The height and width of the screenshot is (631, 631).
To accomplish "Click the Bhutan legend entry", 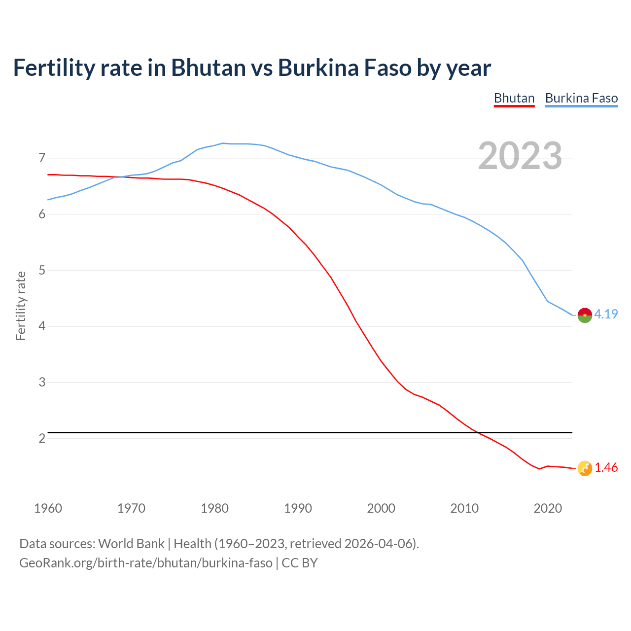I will point(514,98).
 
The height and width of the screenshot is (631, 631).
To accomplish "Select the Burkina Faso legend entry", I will point(581,98).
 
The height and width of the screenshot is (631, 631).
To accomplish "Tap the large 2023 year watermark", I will point(520,156).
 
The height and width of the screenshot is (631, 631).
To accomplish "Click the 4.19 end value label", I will point(606,314).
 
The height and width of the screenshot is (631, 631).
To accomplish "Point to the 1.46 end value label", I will point(606,468).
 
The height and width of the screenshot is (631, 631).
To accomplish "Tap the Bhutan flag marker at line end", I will point(585,468).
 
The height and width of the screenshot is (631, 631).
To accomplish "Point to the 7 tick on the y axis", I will point(42,158).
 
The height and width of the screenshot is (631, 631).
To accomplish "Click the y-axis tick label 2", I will point(42,438).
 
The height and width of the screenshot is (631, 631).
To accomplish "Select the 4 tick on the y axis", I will point(42,326).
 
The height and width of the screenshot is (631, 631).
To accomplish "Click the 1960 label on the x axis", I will point(48,508).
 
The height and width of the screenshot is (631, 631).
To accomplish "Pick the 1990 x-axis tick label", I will point(298,508).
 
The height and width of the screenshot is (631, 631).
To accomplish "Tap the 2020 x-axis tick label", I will point(548,508).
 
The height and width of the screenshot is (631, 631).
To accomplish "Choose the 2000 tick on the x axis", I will point(381,508).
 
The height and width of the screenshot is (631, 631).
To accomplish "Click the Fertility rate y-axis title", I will point(21,306).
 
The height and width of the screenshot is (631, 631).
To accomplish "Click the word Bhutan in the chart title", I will point(208,68).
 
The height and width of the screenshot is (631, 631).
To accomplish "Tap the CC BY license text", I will point(300,563).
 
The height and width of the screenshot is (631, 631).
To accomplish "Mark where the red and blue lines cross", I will point(121,176).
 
